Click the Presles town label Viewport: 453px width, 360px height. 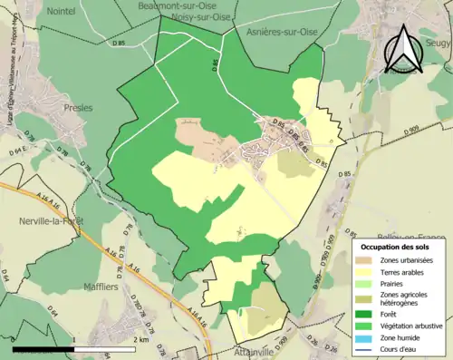(x=79, y=107)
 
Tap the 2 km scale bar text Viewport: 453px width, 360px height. (x=143, y=339)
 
